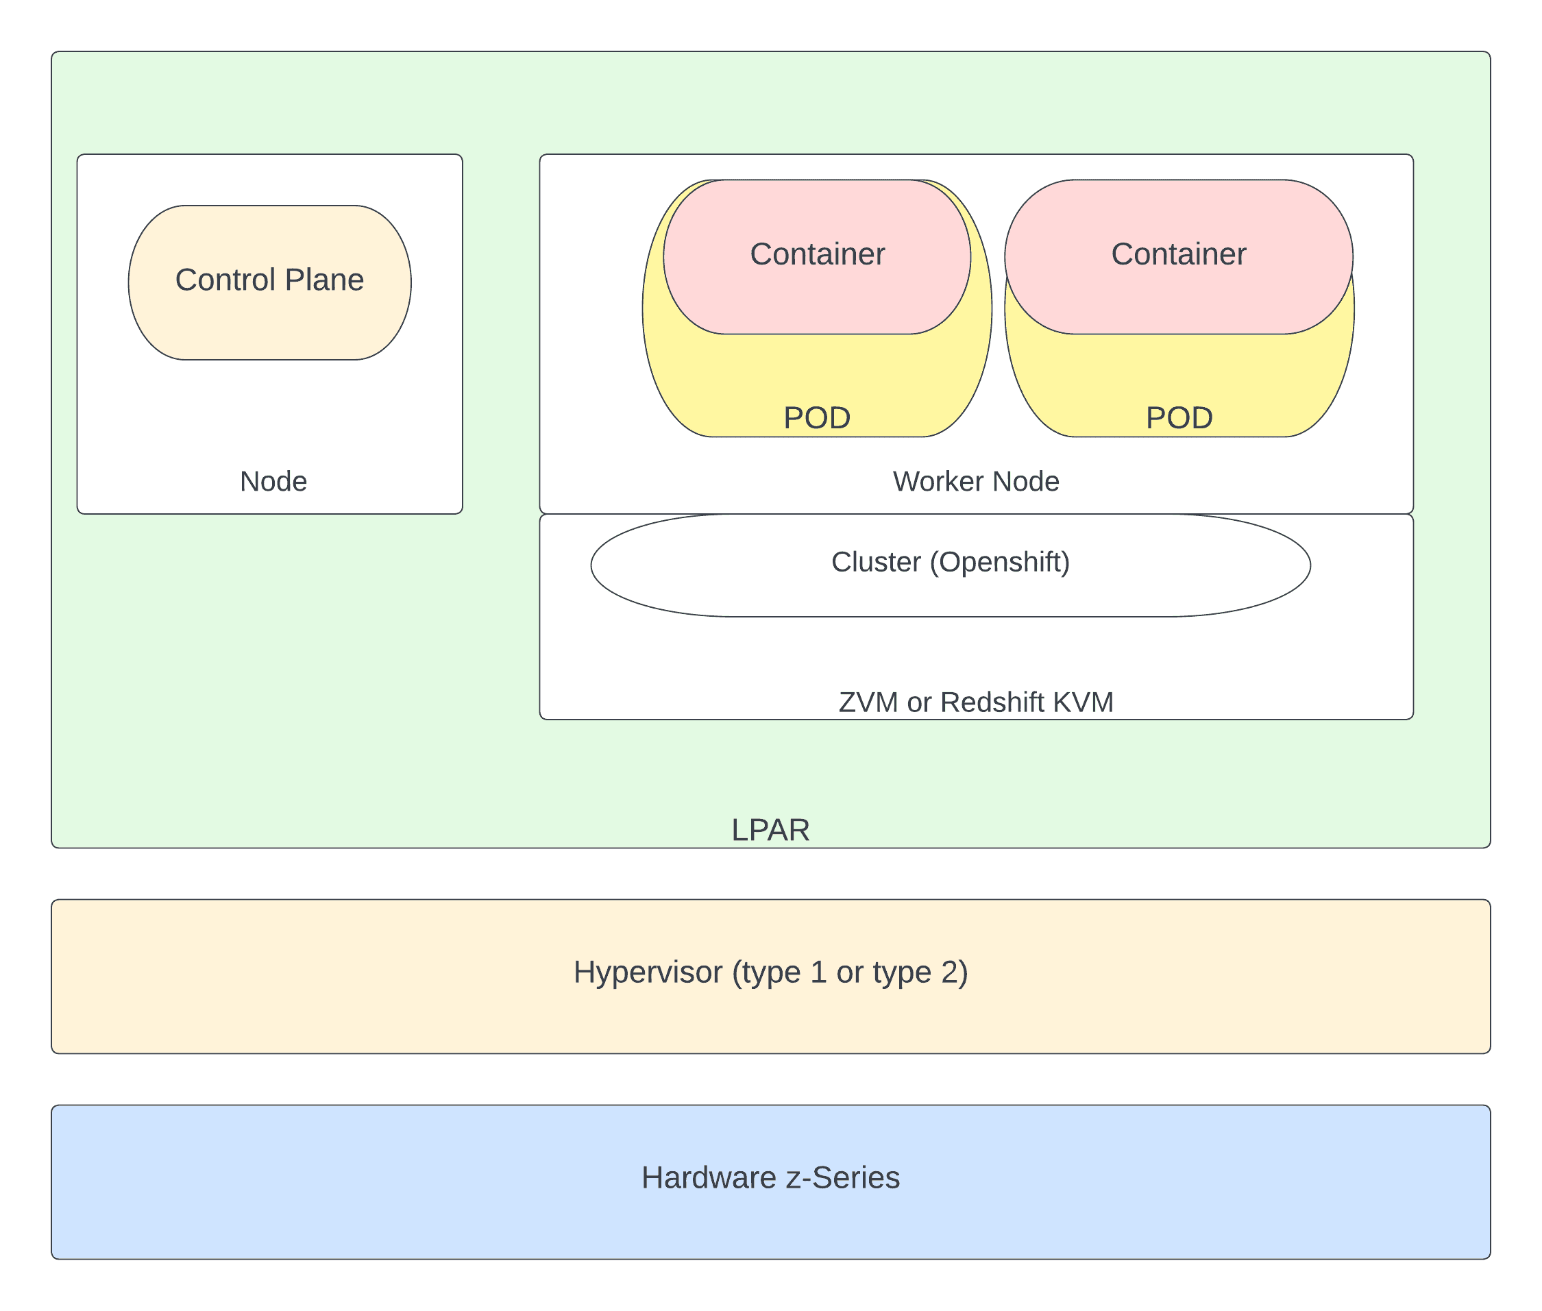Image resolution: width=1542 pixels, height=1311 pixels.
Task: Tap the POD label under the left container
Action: pyautogui.click(x=817, y=417)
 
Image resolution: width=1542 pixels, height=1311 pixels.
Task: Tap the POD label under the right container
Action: pyautogui.click(x=1179, y=417)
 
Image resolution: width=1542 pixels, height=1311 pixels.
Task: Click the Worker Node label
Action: pyautogui.click(x=976, y=482)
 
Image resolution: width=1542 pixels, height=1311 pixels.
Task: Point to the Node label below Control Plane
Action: pyautogui.click(x=273, y=482)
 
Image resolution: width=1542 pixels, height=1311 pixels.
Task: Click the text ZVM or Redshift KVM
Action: pyautogui.click(x=976, y=702)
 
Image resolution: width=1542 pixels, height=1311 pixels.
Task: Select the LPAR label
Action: pyautogui.click(x=770, y=829)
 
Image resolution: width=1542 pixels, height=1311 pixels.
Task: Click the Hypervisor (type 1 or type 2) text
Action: pyautogui.click(x=770, y=972)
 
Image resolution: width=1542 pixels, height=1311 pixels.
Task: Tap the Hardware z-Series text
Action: pyautogui.click(x=770, y=1178)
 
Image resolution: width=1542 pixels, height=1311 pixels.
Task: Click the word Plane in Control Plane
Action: pyautogui.click(x=324, y=280)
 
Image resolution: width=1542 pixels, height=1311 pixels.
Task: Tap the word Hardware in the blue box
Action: pyautogui.click(x=709, y=1178)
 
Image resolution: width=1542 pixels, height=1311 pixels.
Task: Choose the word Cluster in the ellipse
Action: pyautogui.click(x=875, y=563)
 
